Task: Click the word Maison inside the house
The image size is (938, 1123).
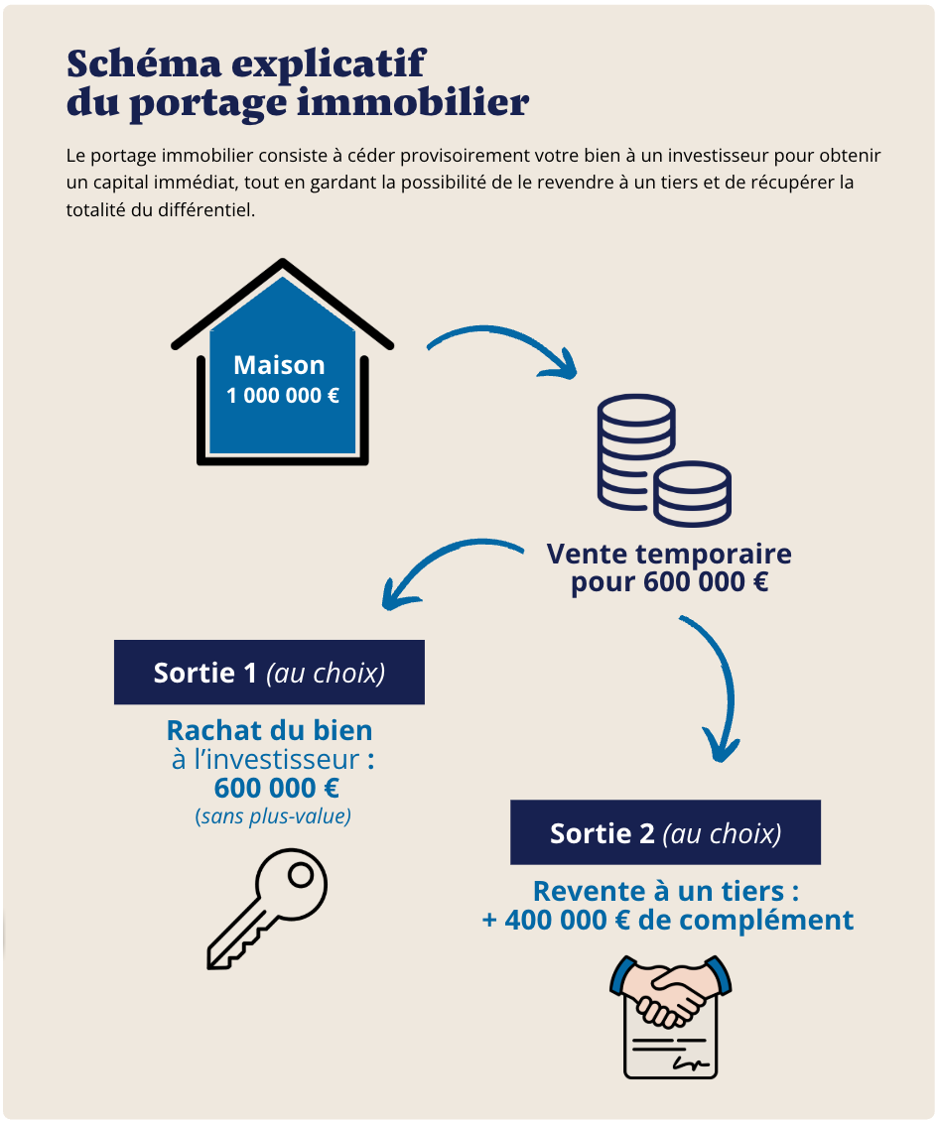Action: pos(279,365)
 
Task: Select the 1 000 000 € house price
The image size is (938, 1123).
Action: pos(283,396)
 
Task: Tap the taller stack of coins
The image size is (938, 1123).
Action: pos(635,446)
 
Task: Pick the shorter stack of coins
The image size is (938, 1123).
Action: pos(693,493)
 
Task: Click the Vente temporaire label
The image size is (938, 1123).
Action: pos(669,553)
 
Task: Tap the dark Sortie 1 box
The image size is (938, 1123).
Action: pos(269,673)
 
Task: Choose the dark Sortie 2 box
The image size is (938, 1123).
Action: pos(665,832)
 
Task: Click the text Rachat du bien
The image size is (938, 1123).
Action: pos(270,731)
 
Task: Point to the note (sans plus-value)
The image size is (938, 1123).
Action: pos(273,817)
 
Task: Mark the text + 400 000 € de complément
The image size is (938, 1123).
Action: pos(667,920)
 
